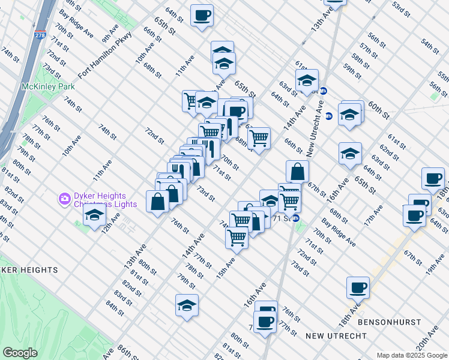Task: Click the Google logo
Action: (x=20, y=352)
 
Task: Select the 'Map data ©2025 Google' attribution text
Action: (x=412, y=355)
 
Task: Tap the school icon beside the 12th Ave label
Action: (x=95, y=215)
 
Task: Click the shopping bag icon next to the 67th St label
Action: (x=297, y=171)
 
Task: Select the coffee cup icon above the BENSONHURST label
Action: (x=358, y=287)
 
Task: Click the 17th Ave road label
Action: (x=375, y=217)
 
